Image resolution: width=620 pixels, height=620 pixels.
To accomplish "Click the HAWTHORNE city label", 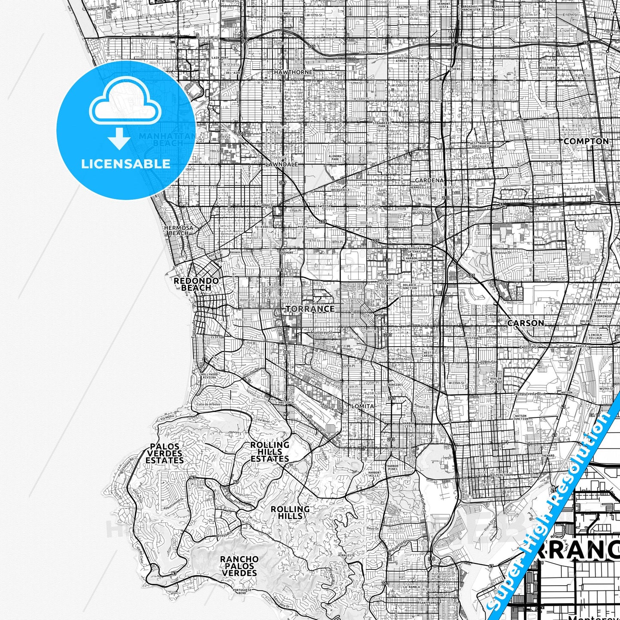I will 293,72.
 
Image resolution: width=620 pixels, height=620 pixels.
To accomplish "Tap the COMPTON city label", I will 586,141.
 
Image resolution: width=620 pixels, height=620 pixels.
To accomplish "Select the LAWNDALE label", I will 281,164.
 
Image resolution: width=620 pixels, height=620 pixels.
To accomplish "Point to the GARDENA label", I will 429,181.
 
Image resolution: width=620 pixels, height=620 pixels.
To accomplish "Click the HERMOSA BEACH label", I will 178,230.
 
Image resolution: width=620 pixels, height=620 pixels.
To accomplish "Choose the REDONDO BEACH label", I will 196,284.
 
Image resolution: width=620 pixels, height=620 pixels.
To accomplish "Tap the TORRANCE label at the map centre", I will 310,309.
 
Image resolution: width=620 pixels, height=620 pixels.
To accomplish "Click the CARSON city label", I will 525,323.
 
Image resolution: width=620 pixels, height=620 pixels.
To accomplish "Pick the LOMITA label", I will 363,406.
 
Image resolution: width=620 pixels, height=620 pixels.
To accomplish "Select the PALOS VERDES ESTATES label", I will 165,454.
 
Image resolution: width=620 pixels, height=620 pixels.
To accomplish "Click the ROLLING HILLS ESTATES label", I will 269,452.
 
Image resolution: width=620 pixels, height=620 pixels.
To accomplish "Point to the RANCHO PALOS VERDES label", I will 239,566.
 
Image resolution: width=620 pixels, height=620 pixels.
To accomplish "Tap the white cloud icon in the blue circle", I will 125,105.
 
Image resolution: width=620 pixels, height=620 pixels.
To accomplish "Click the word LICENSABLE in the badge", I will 126,164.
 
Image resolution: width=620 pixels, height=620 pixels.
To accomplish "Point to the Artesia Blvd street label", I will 369,206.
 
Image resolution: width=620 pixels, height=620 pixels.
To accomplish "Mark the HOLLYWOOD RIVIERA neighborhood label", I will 209,376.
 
